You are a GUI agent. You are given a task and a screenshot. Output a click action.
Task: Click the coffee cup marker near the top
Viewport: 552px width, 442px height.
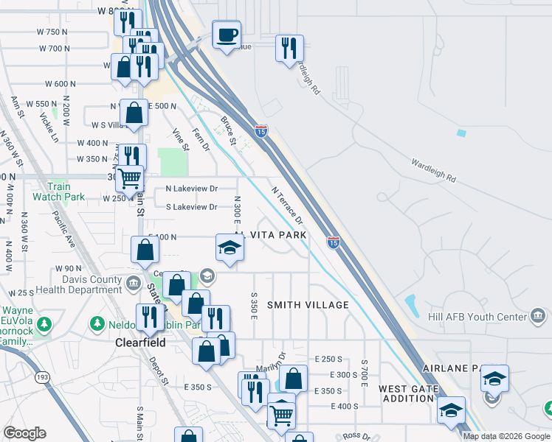click(x=226, y=34)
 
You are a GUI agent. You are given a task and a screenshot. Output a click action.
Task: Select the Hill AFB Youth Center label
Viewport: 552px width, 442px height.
click(x=477, y=318)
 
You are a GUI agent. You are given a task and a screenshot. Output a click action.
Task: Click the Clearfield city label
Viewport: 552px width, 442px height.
click(x=139, y=343)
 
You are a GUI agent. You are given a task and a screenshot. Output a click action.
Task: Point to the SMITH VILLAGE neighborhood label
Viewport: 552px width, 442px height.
click(x=308, y=305)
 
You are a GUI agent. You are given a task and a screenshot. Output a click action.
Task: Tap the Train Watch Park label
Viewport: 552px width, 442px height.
click(x=58, y=192)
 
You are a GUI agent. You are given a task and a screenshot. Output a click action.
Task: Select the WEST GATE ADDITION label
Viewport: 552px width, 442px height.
click(x=406, y=393)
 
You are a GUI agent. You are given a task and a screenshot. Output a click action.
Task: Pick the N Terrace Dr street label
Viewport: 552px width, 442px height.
click(x=288, y=205)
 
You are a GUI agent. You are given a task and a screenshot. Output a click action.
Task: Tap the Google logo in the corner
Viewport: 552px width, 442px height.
click(x=24, y=433)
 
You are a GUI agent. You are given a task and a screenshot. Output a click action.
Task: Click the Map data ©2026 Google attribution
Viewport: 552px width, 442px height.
click(x=506, y=436)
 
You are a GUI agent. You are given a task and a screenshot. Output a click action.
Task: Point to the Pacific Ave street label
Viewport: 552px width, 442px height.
click(x=63, y=229)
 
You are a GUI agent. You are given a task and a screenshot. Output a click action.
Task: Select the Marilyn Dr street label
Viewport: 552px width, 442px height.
click(x=272, y=359)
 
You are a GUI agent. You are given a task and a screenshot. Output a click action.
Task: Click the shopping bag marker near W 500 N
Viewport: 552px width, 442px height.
click(x=134, y=113)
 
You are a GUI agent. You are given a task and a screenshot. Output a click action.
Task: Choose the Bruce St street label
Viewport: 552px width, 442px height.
click(x=228, y=130)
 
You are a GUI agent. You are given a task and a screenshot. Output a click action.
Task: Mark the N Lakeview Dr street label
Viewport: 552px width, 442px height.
click(x=192, y=189)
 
